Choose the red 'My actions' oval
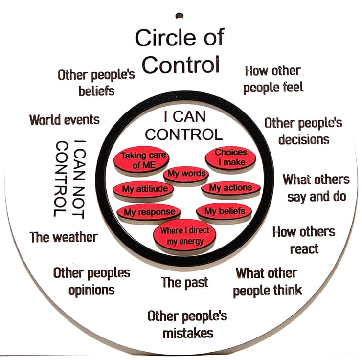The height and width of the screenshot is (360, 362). [x=230, y=188]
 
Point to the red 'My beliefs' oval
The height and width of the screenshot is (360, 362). [x=225, y=211]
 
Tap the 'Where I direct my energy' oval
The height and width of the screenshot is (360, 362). [x=185, y=234]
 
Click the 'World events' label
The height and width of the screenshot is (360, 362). [x=65, y=120]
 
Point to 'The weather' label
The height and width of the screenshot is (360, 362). [x=64, y=238]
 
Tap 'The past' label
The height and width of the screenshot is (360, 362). [x=185, y=282]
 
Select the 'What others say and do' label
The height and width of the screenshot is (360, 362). [x=316, y=188]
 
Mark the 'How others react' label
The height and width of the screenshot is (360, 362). [x=304, y=240]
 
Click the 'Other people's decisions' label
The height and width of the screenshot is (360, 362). [x=303, y=131]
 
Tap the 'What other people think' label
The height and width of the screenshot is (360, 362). [x=267, y=281]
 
